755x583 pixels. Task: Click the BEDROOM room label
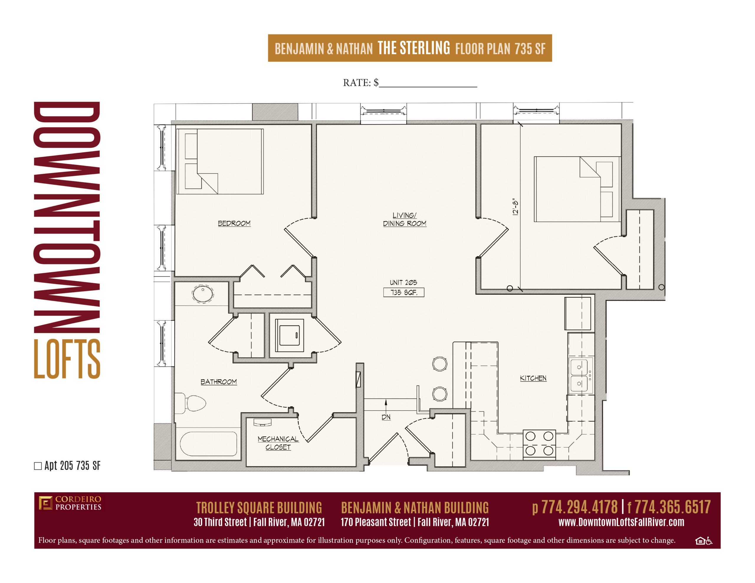click(x=234, y=223)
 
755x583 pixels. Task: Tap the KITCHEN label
click(x=533, y=378)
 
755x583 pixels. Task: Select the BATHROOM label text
click(x=219, y=381)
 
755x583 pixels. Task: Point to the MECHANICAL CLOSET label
click(x=278, y=443)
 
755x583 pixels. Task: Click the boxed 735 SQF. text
click(x=404, y=292)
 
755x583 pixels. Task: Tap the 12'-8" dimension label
click(x=516, y=207)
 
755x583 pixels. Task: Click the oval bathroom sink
click(x=203, y=294)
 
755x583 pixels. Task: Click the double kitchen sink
click(x=580, y=375)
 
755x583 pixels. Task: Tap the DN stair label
click(x=386, y=417)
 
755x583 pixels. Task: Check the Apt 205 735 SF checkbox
click(x=38, y=466)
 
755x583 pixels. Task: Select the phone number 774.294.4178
click(x=580, y=507)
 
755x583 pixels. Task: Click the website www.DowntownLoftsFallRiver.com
click(x=621, y=522)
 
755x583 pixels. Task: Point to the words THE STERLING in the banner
click(x=414, y=48)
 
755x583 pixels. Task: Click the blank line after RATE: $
click(x=428, y=86)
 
